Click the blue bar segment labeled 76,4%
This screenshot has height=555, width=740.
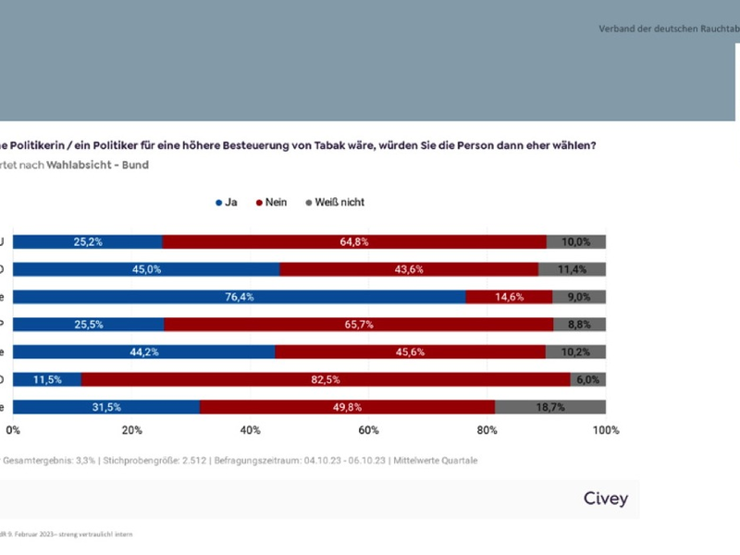point(239,297)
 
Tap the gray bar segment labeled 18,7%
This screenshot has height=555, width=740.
point(550,407)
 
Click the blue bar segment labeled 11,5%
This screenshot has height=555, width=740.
point(47,379)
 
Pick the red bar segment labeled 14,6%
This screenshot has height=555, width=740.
point(509,297)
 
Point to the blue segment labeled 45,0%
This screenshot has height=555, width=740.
point(146,269)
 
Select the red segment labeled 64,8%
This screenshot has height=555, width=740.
point(353,242)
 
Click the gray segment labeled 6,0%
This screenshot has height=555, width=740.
point(588,379)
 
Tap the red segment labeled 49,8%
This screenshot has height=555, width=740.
point(347,407)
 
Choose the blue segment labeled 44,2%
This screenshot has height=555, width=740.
point(143,351)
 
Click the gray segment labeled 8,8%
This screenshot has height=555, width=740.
point(580,325)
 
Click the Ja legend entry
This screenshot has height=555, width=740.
point(226,202)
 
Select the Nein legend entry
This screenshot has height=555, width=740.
point(271,202)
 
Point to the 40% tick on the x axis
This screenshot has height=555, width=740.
point(250,430)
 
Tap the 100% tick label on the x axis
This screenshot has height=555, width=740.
point(606,430)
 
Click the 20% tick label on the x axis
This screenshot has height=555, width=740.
point(131,430)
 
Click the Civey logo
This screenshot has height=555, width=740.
point(606,499)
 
